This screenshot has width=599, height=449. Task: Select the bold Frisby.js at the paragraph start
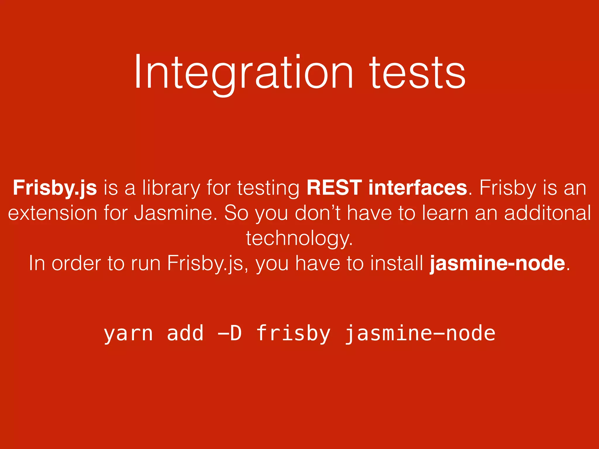coord(55,188)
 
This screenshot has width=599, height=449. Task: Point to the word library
coord(171,188)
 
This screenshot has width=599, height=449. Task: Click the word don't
coord(318,213)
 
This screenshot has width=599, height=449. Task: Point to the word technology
coord(299,239)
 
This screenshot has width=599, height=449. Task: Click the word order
coord(76,263)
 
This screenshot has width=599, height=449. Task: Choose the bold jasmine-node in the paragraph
coord(497,263)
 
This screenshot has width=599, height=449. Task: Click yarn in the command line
coord(128,334)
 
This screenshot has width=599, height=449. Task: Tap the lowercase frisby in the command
coord(293,334)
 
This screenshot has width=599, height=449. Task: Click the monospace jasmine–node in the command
coord(420,334)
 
